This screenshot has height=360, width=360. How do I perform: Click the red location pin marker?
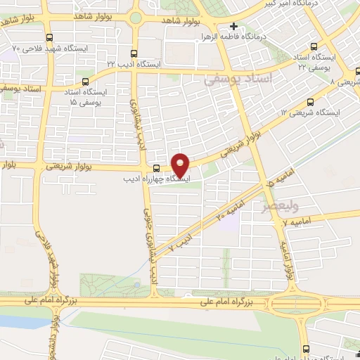pyautogui.click(x=181, y=164)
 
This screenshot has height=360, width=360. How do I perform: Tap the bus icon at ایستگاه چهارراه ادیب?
pyautogui.click(x=156, y=167)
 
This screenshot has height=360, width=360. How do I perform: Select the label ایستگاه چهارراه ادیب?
pyautogui.click(x=155, y=179)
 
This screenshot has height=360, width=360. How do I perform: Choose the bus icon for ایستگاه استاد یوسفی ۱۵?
pyautogui.click(x=86, y=82)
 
